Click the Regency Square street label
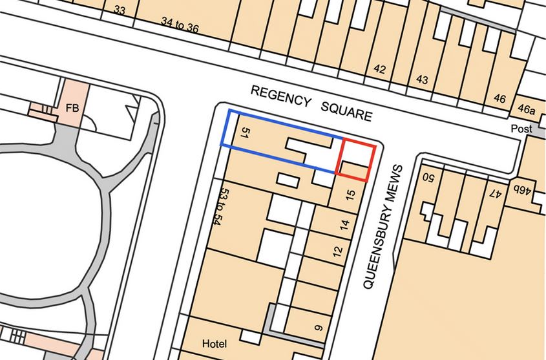(311, 103)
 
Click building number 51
(244, 133)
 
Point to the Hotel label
(215, 343)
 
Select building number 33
(119, 10)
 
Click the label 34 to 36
(179, 25)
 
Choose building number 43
(422, 79)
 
